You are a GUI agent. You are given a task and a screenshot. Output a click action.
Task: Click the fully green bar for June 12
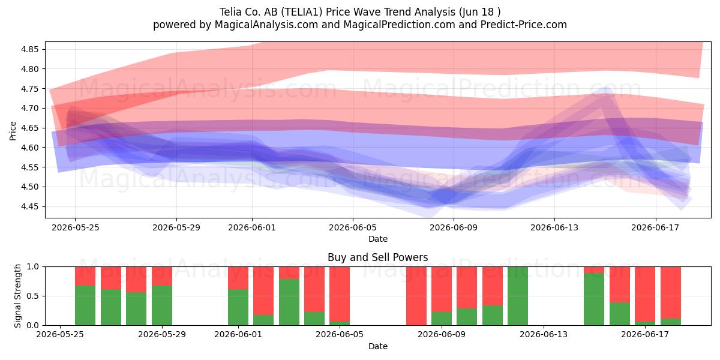[x=518, y=296]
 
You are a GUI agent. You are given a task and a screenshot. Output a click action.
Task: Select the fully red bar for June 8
[x=416, y=296]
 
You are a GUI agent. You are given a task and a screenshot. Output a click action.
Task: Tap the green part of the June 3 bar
[x=289, y=302]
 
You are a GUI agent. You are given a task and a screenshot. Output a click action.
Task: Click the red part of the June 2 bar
[x=263, y=291]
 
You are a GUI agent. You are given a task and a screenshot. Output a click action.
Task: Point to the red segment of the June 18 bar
[x=671, y=293]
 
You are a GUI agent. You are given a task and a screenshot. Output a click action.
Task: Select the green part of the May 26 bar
[x=85, y=305]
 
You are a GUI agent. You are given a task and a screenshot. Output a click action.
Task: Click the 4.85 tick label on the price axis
[x=29, y=49]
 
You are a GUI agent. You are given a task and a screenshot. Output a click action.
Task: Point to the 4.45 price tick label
[x=29, y=206]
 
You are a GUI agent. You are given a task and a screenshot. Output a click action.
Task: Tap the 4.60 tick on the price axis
[x=29, y=148]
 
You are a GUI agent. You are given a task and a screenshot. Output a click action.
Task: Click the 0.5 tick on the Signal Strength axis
[x=33, y=296]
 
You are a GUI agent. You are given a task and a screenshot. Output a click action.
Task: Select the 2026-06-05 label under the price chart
[x=353, y=228]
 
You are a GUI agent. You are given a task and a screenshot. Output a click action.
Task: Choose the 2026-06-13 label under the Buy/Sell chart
[x=544, y=335]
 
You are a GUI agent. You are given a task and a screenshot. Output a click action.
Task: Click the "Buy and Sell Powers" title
[x=377, y=257]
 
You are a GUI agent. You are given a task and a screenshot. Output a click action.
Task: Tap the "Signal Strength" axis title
[x=17, y=296]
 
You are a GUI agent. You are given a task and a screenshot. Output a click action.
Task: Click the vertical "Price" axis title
[x=13, y=131]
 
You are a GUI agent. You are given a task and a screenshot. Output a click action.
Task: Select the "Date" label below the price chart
[x=378, y=239]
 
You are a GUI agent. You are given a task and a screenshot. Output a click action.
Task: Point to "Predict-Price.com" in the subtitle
[x=524, y=25]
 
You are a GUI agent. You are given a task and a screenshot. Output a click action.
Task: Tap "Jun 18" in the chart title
[x=479, y=12]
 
